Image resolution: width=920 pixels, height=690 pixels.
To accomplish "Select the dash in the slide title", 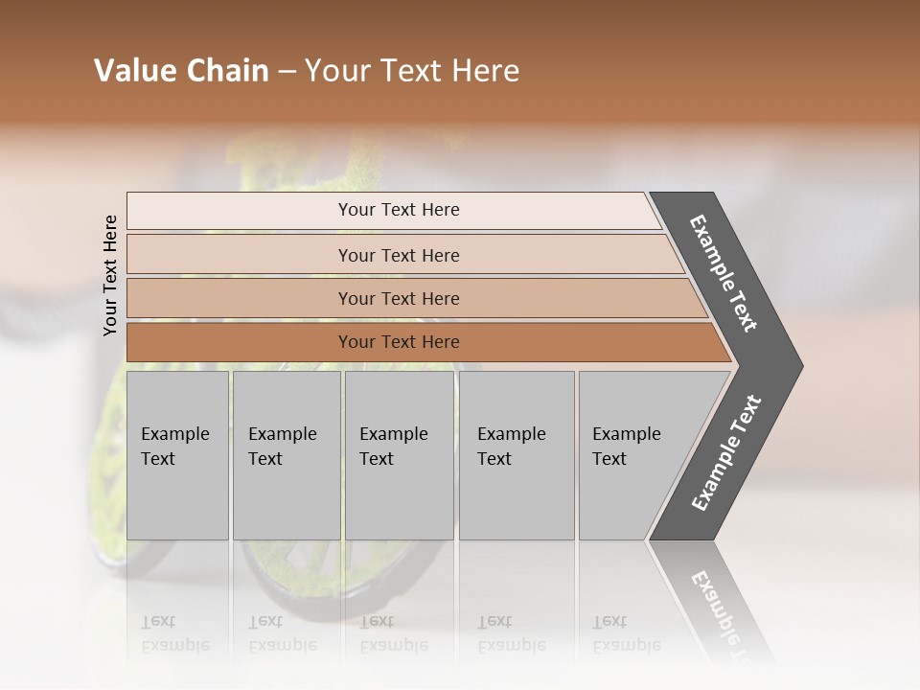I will (x=287, y=72).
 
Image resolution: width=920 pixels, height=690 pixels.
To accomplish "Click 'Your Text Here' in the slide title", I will (x=412, y=71).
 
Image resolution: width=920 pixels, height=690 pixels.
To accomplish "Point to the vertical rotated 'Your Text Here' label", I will (x=110, y=275).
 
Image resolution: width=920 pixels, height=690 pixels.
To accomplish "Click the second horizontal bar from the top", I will (x=398, y=255).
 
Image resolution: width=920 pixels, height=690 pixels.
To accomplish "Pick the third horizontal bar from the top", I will (x=398, y=298).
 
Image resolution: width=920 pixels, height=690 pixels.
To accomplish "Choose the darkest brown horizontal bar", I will (x=398, y=342).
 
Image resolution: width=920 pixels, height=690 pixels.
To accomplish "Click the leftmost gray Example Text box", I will (x=177, y=455).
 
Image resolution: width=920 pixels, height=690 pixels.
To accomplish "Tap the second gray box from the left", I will (x=286, y=455).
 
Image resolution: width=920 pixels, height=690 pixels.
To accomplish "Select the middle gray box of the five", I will (x=399, y=455).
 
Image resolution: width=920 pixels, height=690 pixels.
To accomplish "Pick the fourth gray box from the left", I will (x=516, y=455).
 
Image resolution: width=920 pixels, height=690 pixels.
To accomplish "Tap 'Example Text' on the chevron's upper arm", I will (x=724, y=273).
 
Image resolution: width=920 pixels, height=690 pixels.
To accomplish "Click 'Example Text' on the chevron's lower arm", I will (x=726, y=452).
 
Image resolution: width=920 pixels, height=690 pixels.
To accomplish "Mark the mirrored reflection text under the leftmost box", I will (x=175, y=633).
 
